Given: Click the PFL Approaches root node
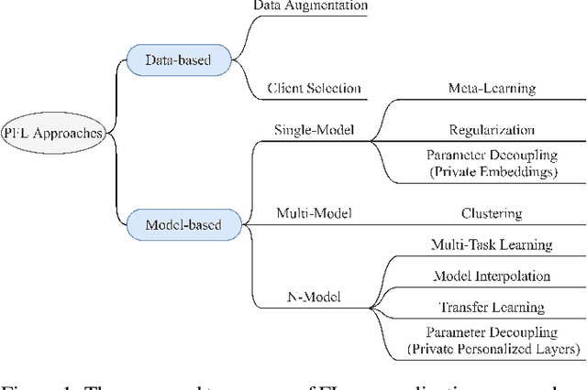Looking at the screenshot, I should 54,134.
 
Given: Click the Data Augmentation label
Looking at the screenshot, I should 310,6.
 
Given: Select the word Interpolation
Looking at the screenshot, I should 506,276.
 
